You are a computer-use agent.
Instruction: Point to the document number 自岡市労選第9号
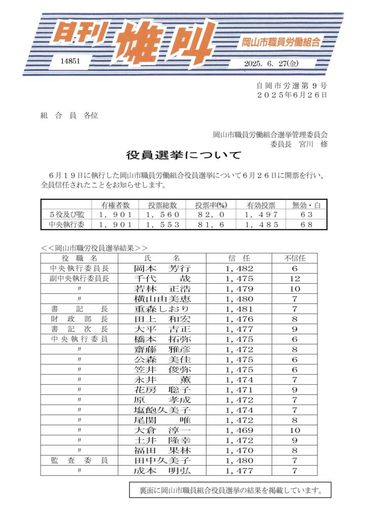291,86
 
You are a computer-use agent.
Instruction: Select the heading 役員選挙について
184,155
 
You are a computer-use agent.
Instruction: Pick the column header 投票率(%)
210,205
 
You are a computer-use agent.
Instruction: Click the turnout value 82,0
210,215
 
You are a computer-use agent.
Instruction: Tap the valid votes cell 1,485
261,225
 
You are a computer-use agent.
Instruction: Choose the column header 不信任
294,258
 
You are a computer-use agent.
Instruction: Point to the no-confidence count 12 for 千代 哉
294,279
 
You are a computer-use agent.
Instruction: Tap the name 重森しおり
161,309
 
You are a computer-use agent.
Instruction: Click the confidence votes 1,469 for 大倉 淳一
239,430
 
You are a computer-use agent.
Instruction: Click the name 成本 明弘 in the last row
161,470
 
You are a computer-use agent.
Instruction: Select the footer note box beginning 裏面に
230,490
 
